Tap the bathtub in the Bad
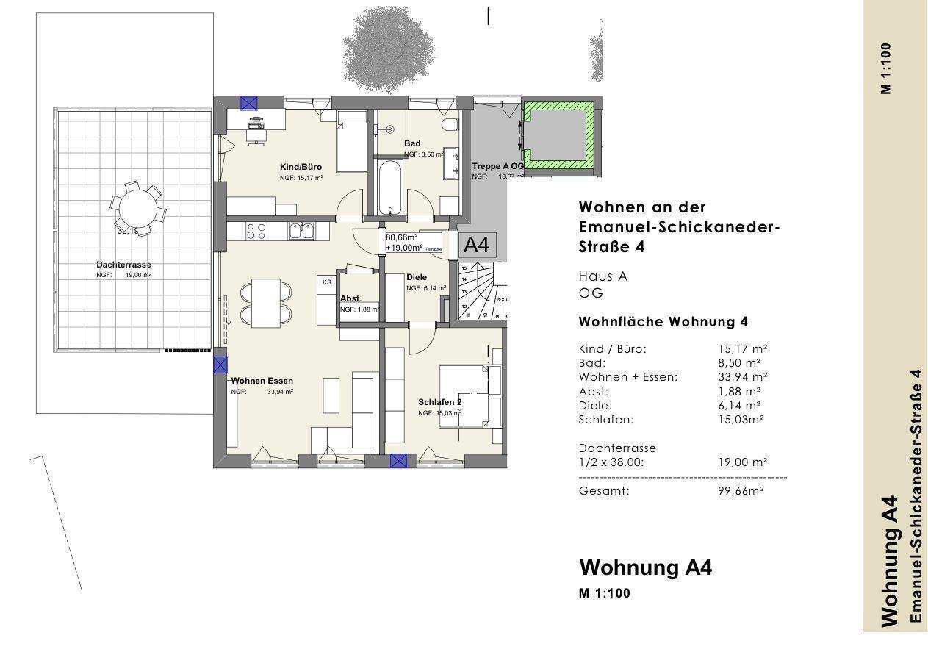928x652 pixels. point(389,188)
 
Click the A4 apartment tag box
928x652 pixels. point(478,245)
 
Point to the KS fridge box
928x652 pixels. point(326,282)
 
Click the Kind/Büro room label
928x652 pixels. point(301,167)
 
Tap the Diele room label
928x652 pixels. point(417,277)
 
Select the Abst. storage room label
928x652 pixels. point(350,298)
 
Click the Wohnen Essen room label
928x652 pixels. point(262,381)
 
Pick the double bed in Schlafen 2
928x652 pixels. point(470,395)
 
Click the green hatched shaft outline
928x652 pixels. point(558,137)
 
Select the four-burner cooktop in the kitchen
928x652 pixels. point(256,231)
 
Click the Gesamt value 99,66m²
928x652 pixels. point(741,491)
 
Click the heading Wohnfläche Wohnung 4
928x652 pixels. point(663,322)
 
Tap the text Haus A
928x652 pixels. point(603,276)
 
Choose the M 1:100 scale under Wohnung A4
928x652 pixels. point(605,593)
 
